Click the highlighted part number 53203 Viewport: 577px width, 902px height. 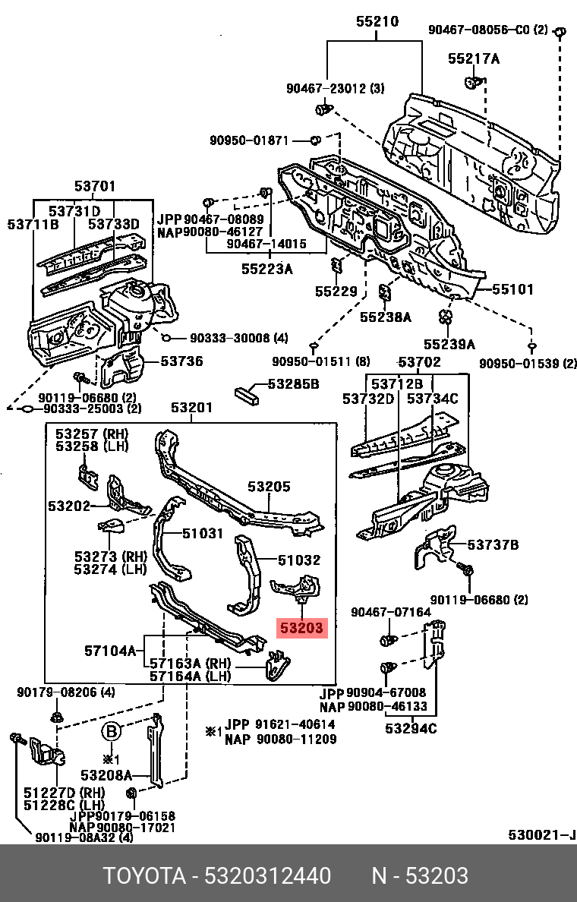tap(301, 628)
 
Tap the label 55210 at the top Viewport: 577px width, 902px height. tap(377, 23)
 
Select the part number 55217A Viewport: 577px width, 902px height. tap(473, 58)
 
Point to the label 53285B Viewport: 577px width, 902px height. tap(292, 384)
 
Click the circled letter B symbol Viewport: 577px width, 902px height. tap(111, 732)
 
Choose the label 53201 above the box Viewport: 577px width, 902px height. tap(191, 408)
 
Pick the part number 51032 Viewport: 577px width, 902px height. tap(298, 560)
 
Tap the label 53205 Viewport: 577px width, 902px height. tap(269, 487)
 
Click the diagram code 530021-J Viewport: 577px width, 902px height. tap(541, 836)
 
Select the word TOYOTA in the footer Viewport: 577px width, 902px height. tap(144, 876)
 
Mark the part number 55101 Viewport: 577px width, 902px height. tap(512, 289)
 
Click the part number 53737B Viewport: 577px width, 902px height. tap(493, 544)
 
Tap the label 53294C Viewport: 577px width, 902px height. tap(411, 730)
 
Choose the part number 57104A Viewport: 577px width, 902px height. tap(110, 650)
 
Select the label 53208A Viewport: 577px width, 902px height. tap(106, 775)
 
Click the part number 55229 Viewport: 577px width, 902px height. tap(336, 291)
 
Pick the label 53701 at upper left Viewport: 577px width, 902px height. tap(95, 186)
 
